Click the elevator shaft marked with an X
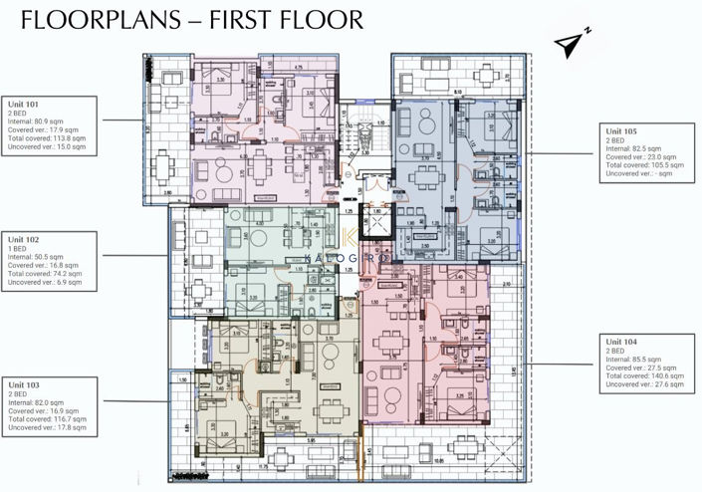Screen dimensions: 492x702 point(378,223)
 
